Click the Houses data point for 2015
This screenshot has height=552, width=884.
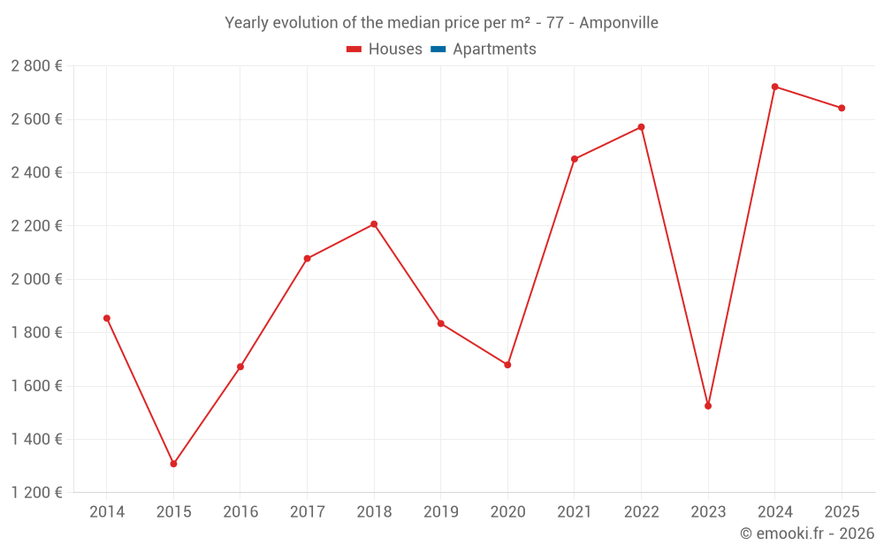coord(173,464)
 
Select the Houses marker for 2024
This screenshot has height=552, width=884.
coord(774,87)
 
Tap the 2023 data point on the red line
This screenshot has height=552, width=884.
coord(708,406)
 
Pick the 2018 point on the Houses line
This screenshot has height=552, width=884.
coord(374,224)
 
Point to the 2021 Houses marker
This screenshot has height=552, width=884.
coord(575,159)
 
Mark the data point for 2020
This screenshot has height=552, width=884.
coord(507,365)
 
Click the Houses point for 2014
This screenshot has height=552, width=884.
coord(107,318)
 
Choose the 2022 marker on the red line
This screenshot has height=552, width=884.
coord(641,127)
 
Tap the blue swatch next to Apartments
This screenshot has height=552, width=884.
coord(438,49)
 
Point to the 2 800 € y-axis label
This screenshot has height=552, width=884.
coord(37,66)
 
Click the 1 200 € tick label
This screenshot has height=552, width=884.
coord(37,493)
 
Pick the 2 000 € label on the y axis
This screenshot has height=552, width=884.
coord(37,279)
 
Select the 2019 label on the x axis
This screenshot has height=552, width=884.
coord(440,512)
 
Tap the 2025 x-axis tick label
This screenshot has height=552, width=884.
coord(842,512)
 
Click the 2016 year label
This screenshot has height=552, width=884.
coord(240,512)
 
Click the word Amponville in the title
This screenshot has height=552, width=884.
coord(618,23)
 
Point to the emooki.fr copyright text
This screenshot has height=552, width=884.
coord(807,533)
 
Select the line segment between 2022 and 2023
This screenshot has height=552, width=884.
coord(674,267)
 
